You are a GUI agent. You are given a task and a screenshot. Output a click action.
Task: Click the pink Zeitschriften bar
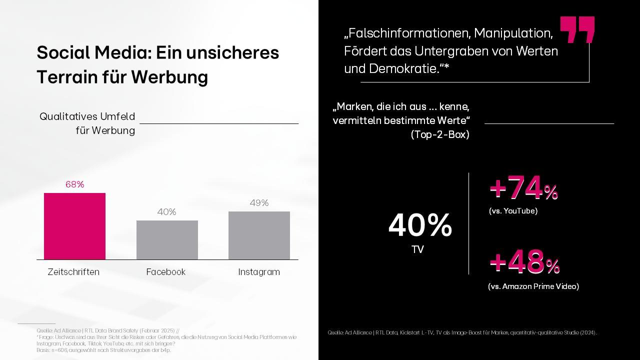[x=74, y=226]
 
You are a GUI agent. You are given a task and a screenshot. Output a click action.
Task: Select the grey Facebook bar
[x=167, y=240]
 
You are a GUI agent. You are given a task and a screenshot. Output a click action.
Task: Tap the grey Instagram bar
[x=259, y=235]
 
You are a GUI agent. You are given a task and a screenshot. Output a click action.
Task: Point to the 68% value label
[x=74, y=184]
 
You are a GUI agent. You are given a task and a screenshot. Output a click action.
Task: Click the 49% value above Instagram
[x=259, y=202]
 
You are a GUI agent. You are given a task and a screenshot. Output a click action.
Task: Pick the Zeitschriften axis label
[x=73, y=272]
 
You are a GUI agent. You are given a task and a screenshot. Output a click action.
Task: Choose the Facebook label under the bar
[x=166, y=272]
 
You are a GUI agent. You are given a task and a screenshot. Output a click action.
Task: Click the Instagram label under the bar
[x=259, y=272]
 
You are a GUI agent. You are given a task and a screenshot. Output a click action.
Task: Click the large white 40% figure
[x=420, y=225]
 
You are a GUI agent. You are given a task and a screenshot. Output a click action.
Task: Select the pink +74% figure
[x=523, y=189]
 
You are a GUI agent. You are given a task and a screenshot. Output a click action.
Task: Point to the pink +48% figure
[x=524, y=263]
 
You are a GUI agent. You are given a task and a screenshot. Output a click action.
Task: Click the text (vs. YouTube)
[x=513, y=211]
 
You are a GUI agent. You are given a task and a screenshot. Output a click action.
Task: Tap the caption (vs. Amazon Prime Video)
[x=533, y=286]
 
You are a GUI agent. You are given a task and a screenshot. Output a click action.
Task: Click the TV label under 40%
[x=417, y=249]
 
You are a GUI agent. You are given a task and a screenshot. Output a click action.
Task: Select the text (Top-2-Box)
[x=440, y=134]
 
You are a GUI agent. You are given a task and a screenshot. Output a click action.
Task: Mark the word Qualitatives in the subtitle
[x=67, y=116]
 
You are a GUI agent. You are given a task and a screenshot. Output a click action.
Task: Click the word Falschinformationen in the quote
[x=407, y=33]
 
